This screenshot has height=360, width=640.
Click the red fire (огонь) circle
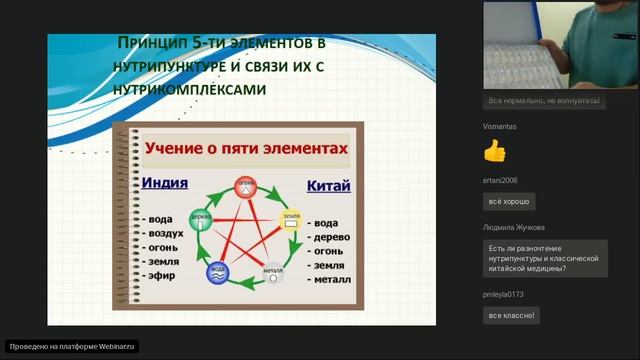pos(245,186)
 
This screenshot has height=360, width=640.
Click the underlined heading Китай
pos(327,187)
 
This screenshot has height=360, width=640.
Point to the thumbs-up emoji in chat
pos(495,151)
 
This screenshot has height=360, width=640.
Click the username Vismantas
pos(500,127)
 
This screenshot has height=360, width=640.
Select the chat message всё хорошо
pos(508,202)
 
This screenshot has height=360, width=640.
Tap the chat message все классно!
pos(512,316)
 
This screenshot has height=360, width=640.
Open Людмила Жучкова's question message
pos(545,258)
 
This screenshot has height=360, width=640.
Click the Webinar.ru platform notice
pos(71,346)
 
